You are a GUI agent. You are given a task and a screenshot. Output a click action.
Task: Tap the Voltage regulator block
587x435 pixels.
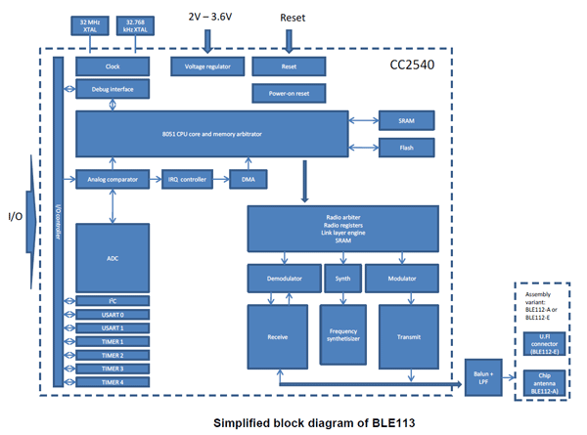(x=207, y=66)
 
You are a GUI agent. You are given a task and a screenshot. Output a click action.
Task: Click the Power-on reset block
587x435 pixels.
(x=289, y=94)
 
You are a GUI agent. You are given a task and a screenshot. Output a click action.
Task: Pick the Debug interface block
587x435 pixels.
(x=112, y=89)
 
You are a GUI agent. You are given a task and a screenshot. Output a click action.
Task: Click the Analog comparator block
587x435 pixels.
(x=113, y=180)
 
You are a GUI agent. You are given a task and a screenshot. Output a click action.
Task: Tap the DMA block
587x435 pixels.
(x=248, y=180)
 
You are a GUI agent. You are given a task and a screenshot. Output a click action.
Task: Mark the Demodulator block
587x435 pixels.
(x=284, y=278)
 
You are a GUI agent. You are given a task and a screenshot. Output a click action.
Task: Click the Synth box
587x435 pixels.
(x=342, y=278)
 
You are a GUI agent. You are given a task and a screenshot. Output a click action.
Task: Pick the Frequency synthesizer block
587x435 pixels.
(x=342, y=335)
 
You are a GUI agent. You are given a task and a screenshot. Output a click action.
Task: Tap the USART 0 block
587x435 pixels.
(x=113, y=314)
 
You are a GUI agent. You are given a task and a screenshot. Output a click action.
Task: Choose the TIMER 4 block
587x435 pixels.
(x=113, y=382)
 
